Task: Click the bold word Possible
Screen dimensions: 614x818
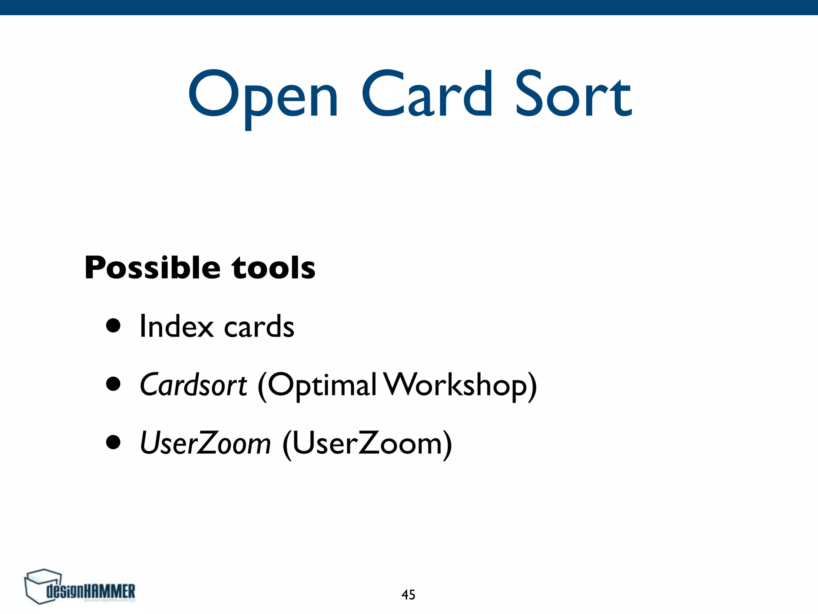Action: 152,268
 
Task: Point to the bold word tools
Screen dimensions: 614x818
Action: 274,268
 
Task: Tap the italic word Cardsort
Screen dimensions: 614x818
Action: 193,385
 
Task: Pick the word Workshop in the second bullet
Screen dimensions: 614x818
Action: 459,385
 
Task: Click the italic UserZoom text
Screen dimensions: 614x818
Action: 205,443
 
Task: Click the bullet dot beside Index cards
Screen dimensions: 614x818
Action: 113,325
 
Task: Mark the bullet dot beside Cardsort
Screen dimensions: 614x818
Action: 113,384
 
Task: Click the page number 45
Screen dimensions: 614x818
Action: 408,595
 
